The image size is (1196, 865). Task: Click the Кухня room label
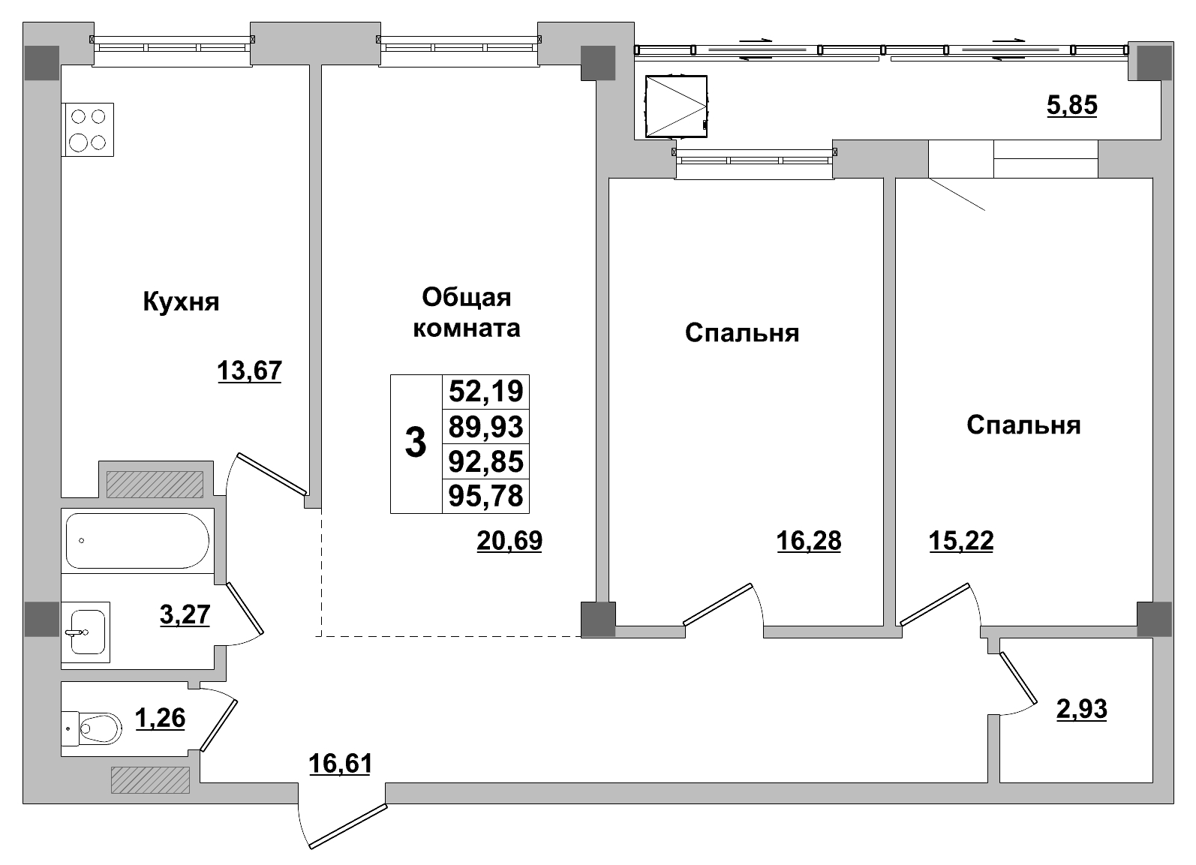click(181, 303)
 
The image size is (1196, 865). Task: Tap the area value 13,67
click(249, 371)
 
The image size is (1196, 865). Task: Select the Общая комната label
click(467, 313)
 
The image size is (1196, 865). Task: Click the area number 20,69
click(509, 540)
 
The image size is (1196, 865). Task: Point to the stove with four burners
click(88, 130)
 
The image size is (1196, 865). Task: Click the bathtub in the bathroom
click(137, 540)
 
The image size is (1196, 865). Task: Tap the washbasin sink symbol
click(86, 632)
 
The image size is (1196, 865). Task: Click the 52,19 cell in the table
click(485, 392)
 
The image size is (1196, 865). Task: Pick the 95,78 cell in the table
click(485, 496)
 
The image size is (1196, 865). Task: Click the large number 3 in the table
click(416, 443)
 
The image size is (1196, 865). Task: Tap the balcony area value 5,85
click(1072, 106)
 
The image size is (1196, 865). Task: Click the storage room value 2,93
click(1082, 708)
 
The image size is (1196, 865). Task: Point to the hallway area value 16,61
click(341, 764)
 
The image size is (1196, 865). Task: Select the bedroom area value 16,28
click(809, 540)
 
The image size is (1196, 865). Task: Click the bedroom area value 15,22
click(961, 540)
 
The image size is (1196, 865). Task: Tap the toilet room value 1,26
click(160, 718)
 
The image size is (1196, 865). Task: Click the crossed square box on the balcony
click(677, 107)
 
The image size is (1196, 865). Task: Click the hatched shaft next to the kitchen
click(155, 484)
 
